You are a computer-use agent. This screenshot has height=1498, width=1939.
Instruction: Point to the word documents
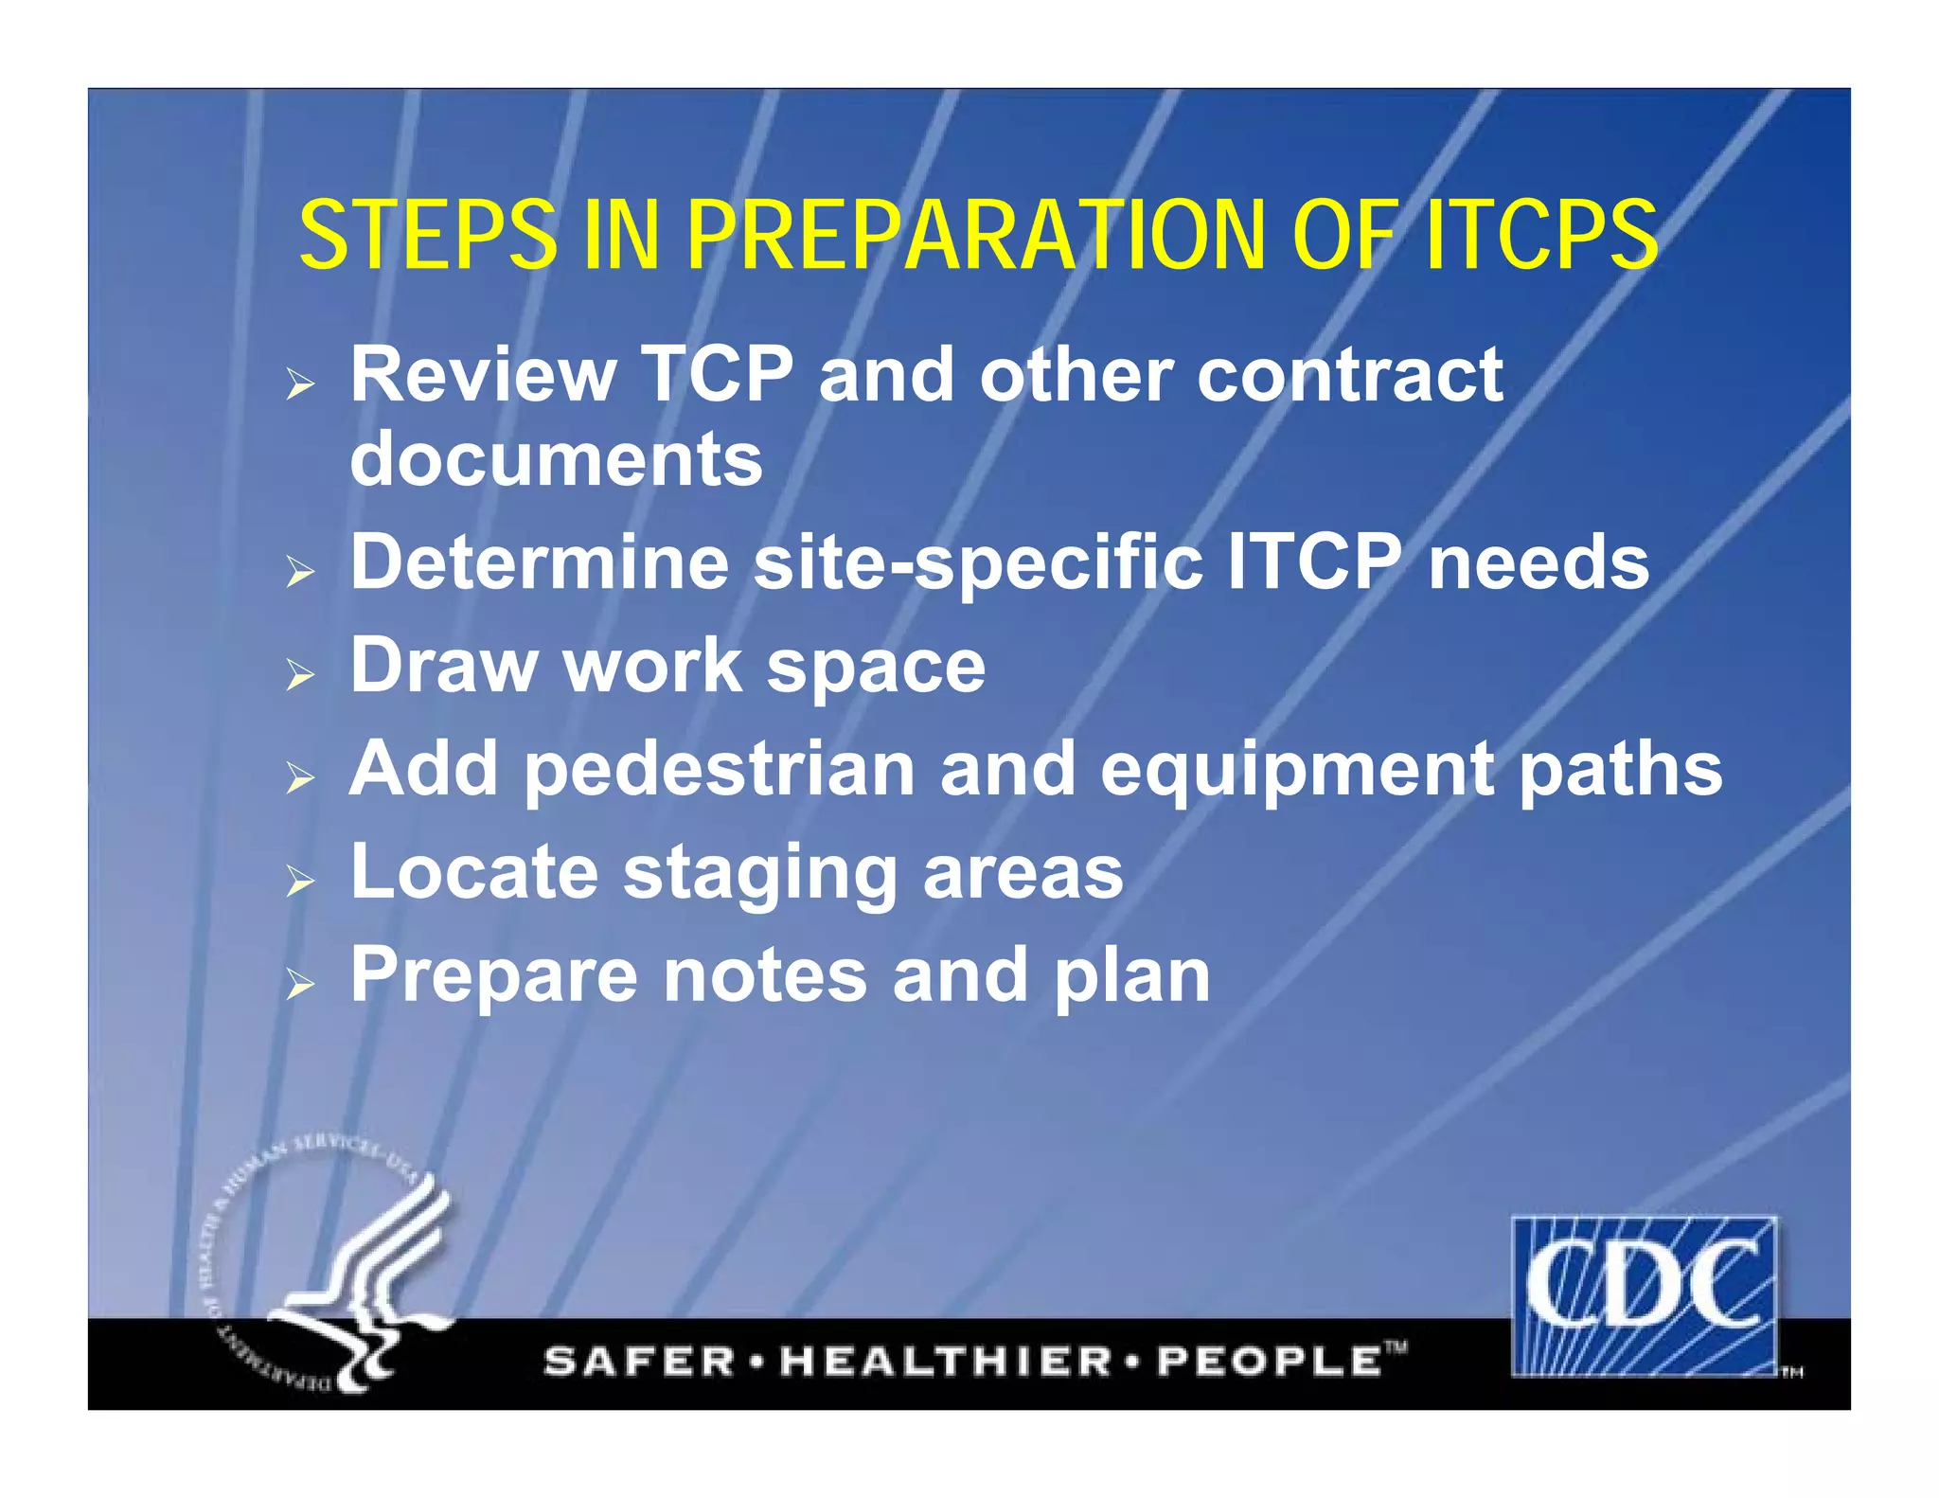point(556,460)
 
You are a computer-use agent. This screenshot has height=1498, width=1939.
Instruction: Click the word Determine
point(540,562)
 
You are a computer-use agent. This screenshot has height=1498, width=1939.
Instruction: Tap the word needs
point(1539,562)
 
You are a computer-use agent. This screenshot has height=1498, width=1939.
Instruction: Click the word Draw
point(443,665)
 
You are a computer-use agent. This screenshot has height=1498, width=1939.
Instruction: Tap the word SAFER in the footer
point(639,1362)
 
